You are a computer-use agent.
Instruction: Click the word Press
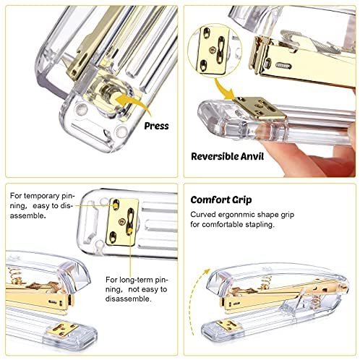pos(156,125)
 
